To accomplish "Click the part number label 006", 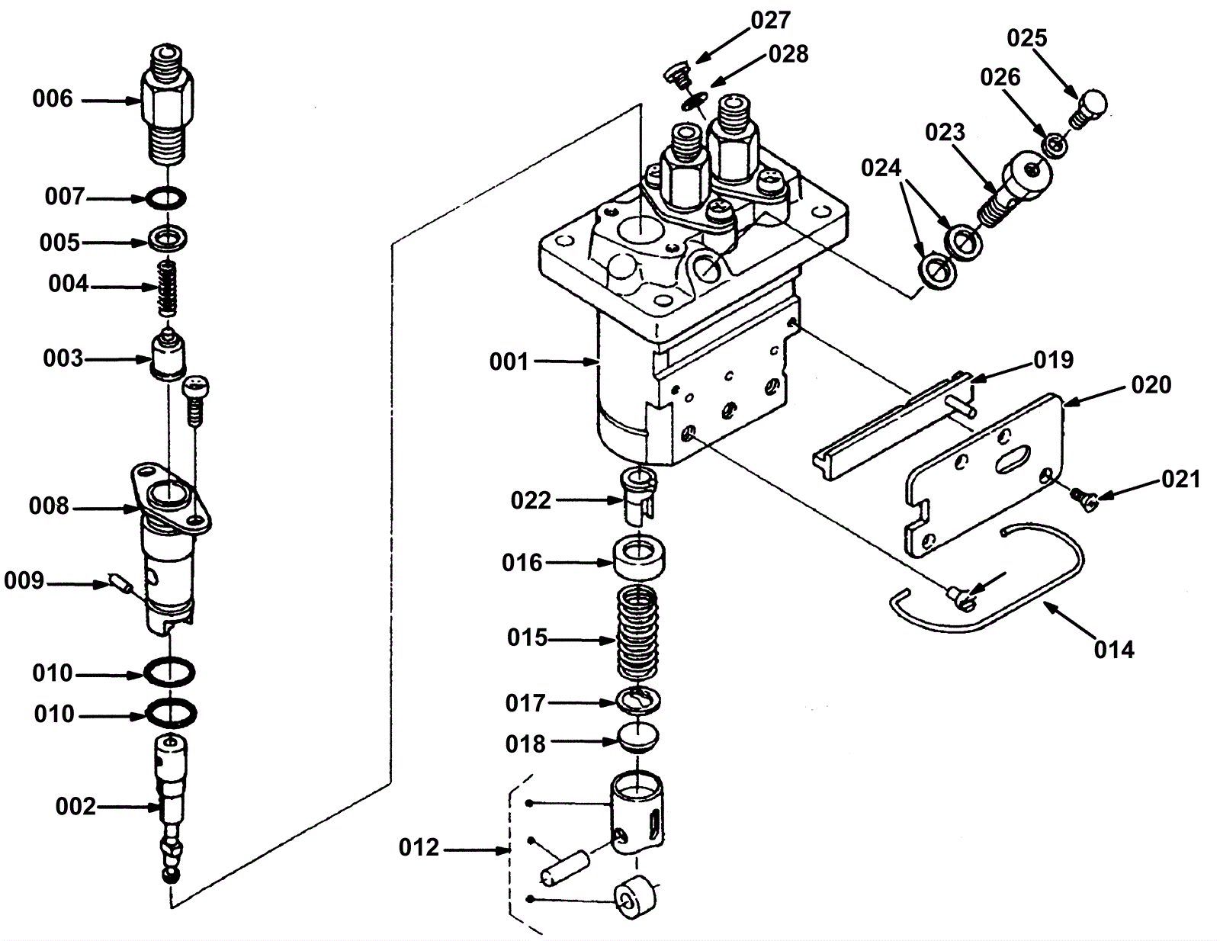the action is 53,99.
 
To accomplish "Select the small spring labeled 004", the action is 167,288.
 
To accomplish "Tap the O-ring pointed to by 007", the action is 167,198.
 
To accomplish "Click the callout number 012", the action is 419,848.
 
